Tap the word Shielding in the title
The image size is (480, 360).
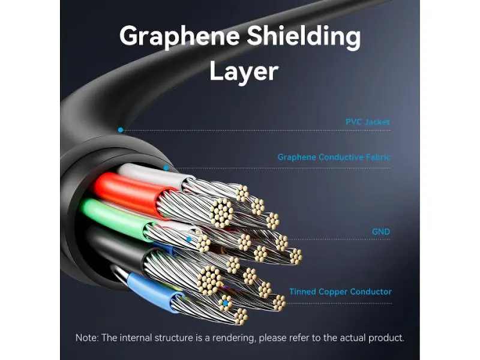[x=304, y=36]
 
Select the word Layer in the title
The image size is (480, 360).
[x=244, y=72]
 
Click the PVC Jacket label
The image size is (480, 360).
[x=368, y=122]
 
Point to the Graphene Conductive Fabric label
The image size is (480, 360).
[x=334, y=157]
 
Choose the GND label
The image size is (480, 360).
[x=381, y=232]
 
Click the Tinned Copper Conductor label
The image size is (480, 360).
[x=340, y=292]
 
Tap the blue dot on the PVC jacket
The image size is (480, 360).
[x=121, y=130]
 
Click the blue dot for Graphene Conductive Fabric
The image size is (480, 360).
[x=166, y=168]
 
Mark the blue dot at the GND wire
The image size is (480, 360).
[x=189, y=239]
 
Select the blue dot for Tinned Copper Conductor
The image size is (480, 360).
[x=226, y=304]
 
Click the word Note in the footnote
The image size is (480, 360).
[x=86, y=338]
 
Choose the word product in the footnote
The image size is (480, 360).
[x=386, y=338]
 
